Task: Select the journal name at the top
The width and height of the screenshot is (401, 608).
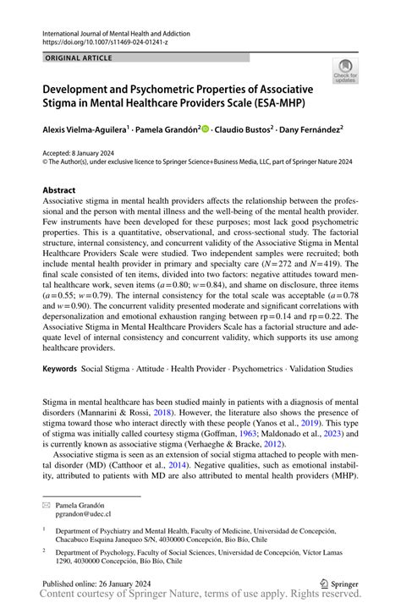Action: pyautogui.click(x=116, y=33)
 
